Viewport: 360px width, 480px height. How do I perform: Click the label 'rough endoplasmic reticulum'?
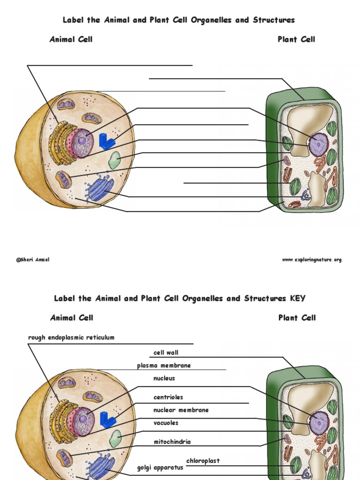[x=71, y=337]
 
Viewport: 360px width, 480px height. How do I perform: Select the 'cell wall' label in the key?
[x=166, y=352]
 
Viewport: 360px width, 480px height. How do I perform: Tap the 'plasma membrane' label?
[x=164, y=366]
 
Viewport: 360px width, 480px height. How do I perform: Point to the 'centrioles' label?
[x=168, y=397]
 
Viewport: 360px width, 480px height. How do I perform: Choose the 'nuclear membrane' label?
[x=181, y=410]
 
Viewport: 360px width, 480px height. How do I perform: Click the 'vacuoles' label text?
[x=166, y=423]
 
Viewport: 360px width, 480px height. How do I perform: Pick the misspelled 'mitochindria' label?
[x=172, y=442]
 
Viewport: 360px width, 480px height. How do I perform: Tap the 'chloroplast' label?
[x=203, y=461]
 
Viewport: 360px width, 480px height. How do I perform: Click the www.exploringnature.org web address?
[x=312, y=260]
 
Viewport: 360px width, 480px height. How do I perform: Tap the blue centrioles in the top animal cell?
[x=107, y=141]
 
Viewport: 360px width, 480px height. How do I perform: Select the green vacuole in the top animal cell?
[x=114, y=160]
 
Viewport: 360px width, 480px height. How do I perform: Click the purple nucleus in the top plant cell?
[x=319, y=144]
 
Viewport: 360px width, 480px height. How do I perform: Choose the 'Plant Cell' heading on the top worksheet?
[x=296, y=39]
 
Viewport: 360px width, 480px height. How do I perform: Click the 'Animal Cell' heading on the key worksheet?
[x=72, y=318]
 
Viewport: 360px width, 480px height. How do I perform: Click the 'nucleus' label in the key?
[x=164, y=378]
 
